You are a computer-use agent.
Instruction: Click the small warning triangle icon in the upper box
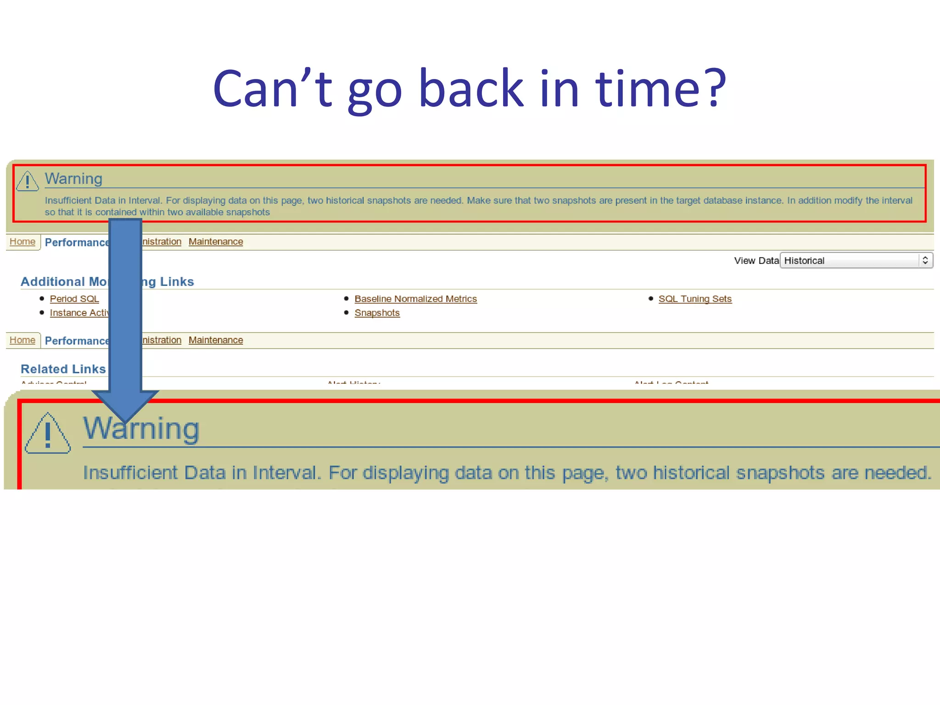(x=27, y=181)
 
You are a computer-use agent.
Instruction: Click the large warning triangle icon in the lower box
(x=48, y=434)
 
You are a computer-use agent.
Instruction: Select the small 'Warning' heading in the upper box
(x=73, y=179)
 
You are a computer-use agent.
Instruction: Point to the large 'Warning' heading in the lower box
(x=141, y=428)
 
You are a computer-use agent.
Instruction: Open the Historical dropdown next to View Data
(x=856, y=261)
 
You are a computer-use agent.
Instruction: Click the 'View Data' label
(x=756, y=261)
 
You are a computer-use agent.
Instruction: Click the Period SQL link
(x=74, y=299)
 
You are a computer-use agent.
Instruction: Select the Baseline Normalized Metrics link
(x=415, y=299)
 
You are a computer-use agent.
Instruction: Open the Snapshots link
(x=377, y=313)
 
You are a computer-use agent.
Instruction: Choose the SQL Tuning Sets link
(x=695, y=299)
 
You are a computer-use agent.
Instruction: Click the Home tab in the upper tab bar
(x=22, y=241)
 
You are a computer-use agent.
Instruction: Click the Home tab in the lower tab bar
(x=22, y=340)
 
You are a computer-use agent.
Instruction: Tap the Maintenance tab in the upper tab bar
(x=216, y=241)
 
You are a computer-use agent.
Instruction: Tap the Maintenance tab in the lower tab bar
(x=216, y=340)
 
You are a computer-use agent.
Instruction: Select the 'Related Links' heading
(x=63, y=369)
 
